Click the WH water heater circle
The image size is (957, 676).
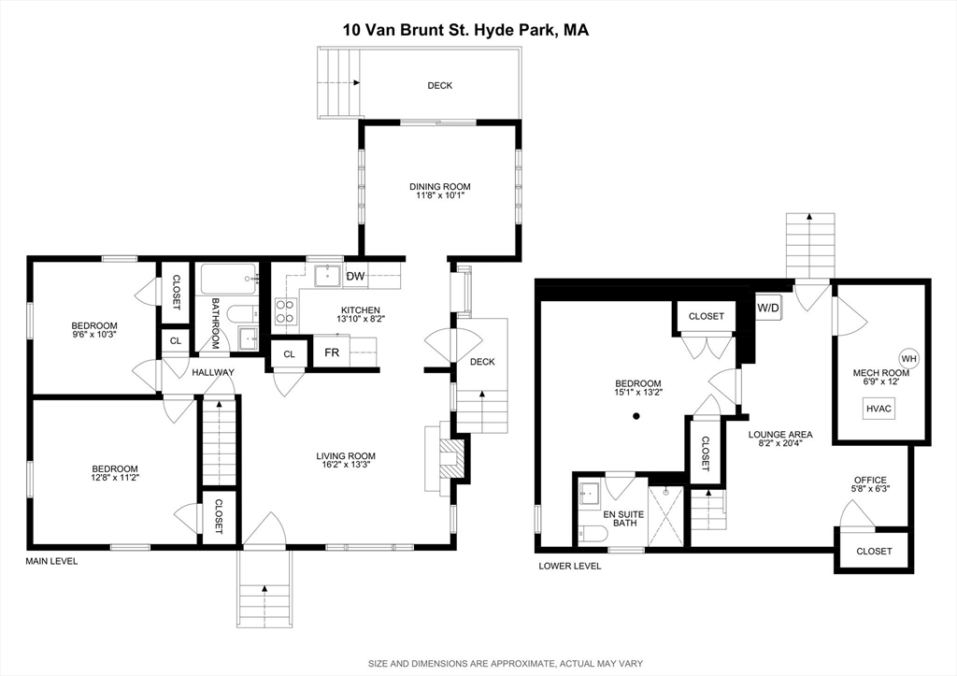908,358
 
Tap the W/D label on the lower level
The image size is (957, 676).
768,307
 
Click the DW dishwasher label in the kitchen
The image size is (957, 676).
355,276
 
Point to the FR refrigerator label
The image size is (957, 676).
332,352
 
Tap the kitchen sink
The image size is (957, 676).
327,276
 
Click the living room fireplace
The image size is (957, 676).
448,460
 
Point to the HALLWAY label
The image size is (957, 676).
213,372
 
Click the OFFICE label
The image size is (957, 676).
869,480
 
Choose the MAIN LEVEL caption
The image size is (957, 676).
51,561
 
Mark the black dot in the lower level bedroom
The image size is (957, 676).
636,415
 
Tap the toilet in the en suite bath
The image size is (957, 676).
592,533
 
